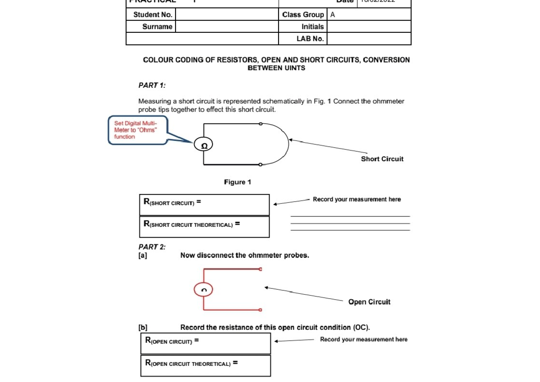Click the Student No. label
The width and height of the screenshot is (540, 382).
point(153,14)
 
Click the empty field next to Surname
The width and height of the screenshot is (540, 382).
point(226,27)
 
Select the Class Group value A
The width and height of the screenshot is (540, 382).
point(333,14)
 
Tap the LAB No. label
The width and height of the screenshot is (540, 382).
point(310,39)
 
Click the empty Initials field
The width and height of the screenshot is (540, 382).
point(369,27)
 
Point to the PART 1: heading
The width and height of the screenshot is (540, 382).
point(152,85)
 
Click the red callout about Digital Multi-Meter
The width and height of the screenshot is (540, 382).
point(138,130)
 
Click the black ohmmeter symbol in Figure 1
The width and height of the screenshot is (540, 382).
point(203,145)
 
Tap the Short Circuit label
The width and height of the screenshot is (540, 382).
point(382,159)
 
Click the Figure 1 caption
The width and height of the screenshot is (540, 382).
point(238,182)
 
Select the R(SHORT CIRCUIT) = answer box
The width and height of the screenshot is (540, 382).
point(204,204)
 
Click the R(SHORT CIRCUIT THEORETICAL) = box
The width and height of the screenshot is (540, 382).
point(204,226)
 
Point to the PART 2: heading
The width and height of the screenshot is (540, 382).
point(152,247)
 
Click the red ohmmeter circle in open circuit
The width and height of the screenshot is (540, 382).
point(203,290)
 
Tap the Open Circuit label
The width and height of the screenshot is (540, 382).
point(369,302)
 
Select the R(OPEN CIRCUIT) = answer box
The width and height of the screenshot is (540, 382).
point(206,343)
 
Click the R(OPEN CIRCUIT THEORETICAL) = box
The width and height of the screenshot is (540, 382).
point(206,365)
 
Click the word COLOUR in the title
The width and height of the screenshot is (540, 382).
point(158,60)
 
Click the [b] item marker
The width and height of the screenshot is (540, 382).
point(143,328)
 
